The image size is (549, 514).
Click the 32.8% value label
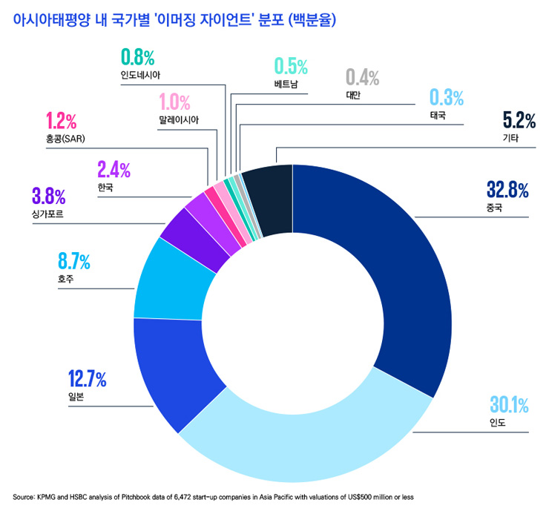pos(507,190)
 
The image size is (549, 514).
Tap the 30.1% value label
pos(508,405)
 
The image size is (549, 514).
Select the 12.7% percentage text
pos(87,380)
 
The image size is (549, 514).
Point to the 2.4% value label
pos(114,170)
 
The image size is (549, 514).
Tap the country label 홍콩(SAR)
pos(66,139)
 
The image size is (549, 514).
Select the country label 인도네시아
pos(140,75)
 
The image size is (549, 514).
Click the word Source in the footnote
pos(24,496)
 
